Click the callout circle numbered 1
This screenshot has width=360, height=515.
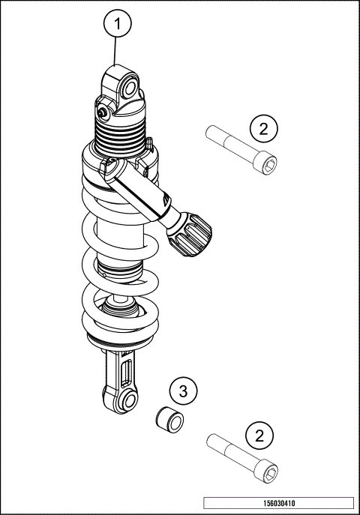pyautogui.click(x=116, y=25)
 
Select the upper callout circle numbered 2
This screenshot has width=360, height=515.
pyautogui.click(x=262, y=127)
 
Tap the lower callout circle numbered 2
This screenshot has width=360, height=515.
pyautogui.click(x=259, y=436)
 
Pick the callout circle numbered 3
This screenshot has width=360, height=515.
pyautogui.click(x=182, y=391)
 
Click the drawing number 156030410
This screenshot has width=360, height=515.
pyautogui.click(x=278, y=503)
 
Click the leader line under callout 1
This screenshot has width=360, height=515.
pyautogui.click(x=115, y=52)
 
